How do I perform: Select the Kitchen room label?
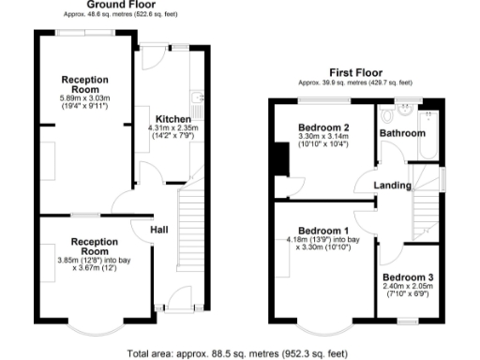173,119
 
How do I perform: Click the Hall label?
159,228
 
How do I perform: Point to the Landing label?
392,185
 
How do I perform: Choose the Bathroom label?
401,134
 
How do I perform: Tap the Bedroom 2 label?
323,127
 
